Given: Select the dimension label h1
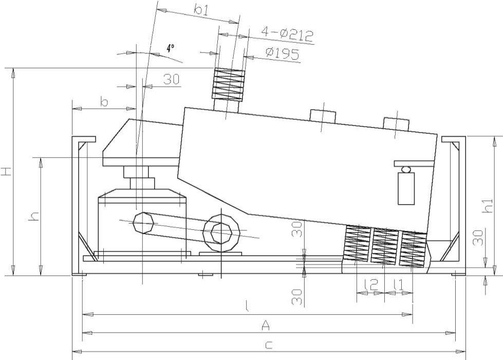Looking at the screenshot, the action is [488, 205].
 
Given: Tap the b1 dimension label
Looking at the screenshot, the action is [201, 10].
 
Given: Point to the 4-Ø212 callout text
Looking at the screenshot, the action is [287, 34].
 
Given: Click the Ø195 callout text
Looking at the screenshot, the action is [283, 53].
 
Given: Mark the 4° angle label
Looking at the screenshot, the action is [171, 48].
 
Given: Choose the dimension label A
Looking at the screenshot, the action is [266, 326].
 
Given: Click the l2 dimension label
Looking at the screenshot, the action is [371, 284].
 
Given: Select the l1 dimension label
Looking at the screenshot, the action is [398, 284].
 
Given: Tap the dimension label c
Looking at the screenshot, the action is [269, 345].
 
